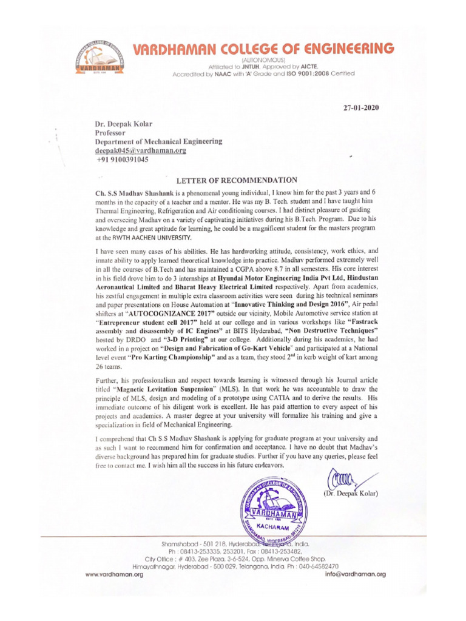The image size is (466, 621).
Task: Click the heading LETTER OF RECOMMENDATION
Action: coord(237,180)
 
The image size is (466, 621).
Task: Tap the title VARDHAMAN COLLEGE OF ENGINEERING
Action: coord(263,49)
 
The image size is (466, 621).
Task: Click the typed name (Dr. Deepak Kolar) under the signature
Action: coord(351,493)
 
